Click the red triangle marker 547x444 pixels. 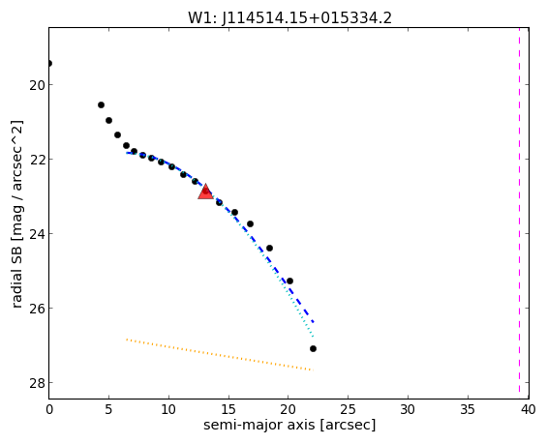coord(205,192)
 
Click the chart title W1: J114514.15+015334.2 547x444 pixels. coord(289,17)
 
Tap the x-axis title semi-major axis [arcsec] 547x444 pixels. coord(289,426)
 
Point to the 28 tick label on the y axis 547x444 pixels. coord(36,383)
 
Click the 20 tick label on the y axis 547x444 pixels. coord(36,85)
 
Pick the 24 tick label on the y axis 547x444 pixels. coord(36,233)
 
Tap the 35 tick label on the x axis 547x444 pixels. coord(468,409)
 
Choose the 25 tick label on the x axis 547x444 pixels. coord(348,409)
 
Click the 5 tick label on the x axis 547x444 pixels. coord(108,409)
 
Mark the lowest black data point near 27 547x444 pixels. coord(313,348)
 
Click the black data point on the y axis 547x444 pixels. coord(49,63)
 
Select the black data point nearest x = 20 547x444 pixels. coord(289,281)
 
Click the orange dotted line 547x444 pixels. coord(220,354)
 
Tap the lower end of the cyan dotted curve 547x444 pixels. coord(314,337)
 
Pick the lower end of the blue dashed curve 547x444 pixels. coord(314,322)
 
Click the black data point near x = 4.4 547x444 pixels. coord(101,104)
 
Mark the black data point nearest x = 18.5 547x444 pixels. coord(269,249)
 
